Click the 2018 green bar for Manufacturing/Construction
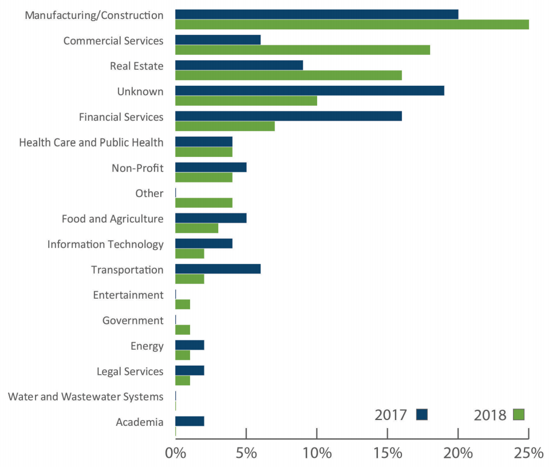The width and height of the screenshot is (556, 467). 352,25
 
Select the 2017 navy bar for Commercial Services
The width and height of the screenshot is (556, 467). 218,40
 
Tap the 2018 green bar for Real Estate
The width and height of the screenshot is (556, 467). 288,75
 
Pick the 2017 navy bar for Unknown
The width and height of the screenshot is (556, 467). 309,90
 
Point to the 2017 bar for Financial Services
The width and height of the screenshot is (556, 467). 288,116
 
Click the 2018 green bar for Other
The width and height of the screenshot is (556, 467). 203,203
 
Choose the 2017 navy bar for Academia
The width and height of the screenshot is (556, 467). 190,421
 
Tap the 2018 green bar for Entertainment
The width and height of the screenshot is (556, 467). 182,304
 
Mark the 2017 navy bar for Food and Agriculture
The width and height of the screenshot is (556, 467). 211,218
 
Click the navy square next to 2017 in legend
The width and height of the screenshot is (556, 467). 422,414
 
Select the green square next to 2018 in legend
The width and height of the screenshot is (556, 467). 519,414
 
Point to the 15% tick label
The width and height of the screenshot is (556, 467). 387,453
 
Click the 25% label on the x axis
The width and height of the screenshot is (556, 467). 528,453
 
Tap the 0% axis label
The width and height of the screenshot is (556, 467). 175,453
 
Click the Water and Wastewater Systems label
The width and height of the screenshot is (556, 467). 85,397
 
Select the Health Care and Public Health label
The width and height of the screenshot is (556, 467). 91,143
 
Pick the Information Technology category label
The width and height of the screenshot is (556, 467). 105,244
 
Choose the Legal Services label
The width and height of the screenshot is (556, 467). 130,371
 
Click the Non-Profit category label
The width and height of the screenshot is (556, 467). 138,168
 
